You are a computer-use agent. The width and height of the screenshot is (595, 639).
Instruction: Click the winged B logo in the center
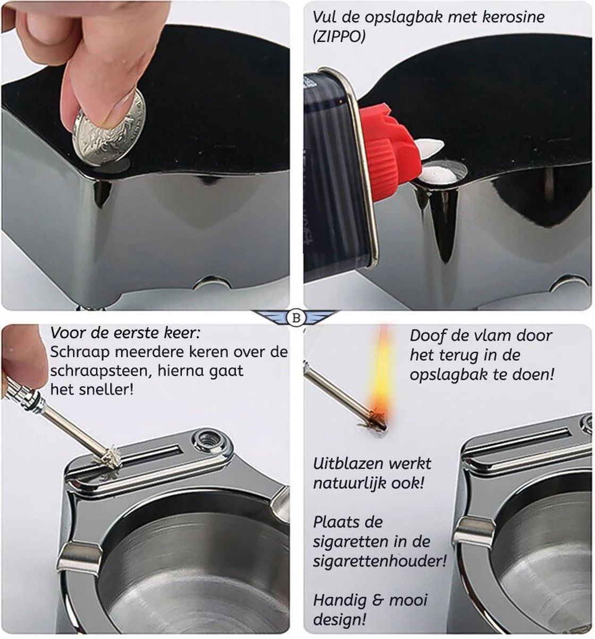[x=296, y=317]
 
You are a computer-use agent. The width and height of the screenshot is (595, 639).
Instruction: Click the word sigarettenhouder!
[x=380, y=561]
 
